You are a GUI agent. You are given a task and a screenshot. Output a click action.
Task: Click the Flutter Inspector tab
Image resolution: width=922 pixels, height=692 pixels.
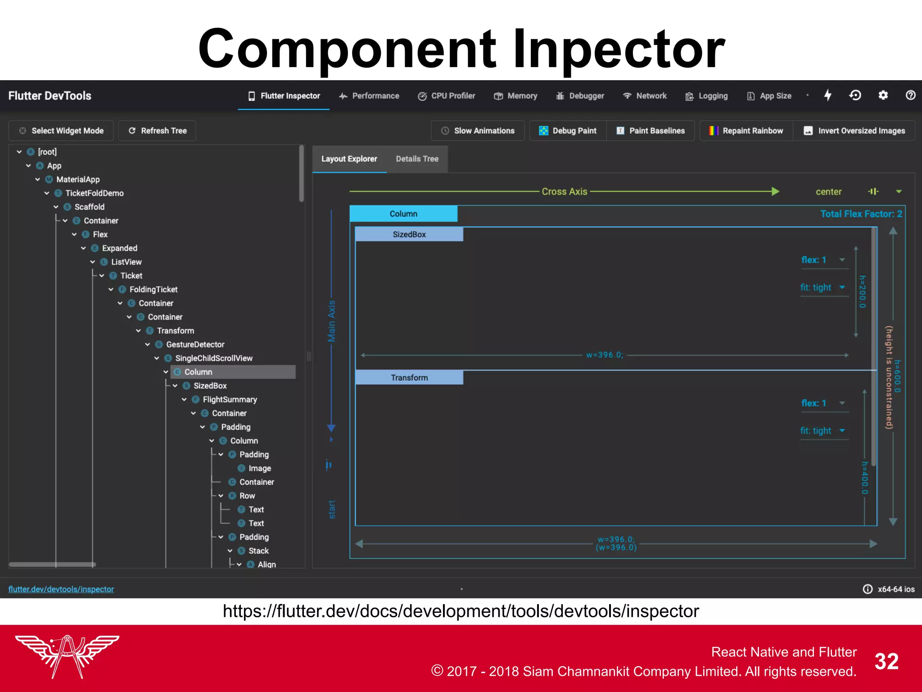pyautogui.click(x=284, y=96)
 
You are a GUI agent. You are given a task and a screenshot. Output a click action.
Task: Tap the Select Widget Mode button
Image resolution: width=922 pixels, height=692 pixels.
pyautogui.click(x=61, y=131)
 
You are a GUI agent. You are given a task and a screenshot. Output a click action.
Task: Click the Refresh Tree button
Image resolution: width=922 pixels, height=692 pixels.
pyautogui.click(x=157, y=131)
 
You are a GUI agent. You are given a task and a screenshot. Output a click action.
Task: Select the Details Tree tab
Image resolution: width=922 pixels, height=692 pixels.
pyautogui.click(x=417, y=159)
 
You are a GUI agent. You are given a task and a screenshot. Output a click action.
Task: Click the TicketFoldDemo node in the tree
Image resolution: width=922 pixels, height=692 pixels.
pyautogui.click(x=94, y=193)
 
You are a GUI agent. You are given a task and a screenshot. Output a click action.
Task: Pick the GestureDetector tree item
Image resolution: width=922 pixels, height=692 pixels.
pyautogui.click(x=195, y=345)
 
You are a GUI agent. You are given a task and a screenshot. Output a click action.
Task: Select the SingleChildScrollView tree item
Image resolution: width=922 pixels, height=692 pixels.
pyautogui.click(x=213, y=358)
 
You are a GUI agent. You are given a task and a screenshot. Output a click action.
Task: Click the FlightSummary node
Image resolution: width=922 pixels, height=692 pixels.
pyautogui.click(x=230, y=400)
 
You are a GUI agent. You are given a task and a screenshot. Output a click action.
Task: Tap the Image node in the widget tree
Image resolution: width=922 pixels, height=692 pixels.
pyautogui.click(x=259, y=469)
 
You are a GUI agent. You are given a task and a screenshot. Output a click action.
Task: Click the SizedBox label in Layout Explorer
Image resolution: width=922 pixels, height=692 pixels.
pyautogui.click(x=409, y=234)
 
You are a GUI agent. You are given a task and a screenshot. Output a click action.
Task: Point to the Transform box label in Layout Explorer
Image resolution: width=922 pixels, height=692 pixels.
pyautogui.click(x=409, y=378)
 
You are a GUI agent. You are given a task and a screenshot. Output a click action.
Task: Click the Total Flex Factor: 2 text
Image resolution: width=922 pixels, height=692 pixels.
pyautogui.click(x=861, y=214)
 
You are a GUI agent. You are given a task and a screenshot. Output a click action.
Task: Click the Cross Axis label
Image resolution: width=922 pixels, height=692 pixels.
pyautogui.click(x=564, y=191)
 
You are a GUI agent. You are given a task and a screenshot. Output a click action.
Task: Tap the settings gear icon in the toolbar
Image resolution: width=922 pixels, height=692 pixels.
pyautogui.click(x=883, y=96)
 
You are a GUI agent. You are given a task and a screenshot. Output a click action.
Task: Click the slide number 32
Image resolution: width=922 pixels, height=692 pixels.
pyautogui.click(x=886, y=661)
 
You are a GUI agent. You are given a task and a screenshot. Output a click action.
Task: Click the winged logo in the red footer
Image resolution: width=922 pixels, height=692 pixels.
pyautogui.click(x=67, y=656)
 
